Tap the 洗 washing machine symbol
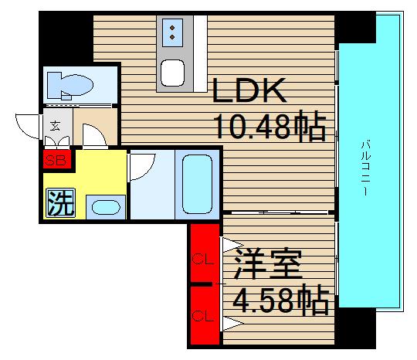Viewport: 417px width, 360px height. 61,202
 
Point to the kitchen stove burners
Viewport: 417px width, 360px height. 172,33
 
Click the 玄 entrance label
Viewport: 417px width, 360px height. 56,124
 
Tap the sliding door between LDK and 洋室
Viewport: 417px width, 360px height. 278,212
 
